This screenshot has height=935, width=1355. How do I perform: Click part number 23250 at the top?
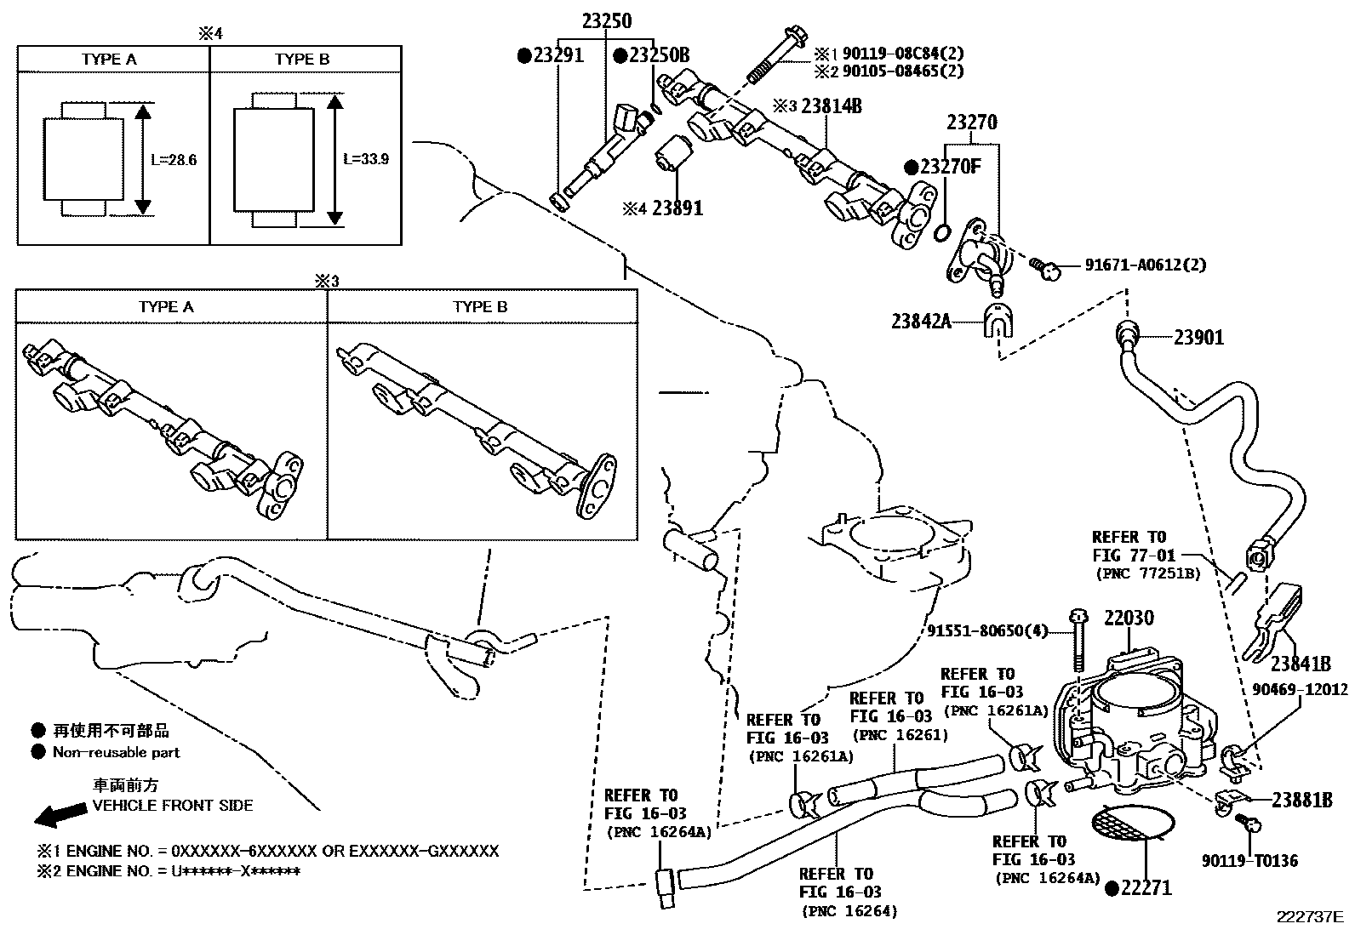click(606, 20)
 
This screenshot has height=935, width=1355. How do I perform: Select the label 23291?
click(557, 56)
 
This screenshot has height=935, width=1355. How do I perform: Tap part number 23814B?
click(832, 106)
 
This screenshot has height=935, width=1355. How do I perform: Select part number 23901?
click(1198, 338)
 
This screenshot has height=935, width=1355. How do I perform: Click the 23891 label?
click(677, 208)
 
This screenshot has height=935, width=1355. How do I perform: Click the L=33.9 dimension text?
click(366, 159)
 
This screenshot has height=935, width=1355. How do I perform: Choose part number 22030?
click(1129, 618)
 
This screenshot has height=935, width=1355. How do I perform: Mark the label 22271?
click(1145, 888)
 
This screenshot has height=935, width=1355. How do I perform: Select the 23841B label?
click(1301, 663)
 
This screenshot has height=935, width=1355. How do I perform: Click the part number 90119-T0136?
click(1249, 861)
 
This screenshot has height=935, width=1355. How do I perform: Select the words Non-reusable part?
click(117, 752)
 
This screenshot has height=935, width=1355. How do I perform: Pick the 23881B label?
click(1301, 800)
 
